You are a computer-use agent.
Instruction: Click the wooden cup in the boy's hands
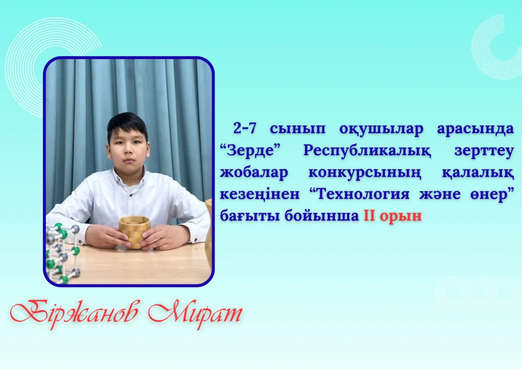click(134, 232)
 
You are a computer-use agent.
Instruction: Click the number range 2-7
click(245, 128)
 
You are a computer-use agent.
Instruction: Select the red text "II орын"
click(393, 216)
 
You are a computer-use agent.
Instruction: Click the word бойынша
click(322, 216)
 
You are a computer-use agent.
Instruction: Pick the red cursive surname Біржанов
click(74, 313)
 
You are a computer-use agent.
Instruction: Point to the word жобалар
click(254, 173)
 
